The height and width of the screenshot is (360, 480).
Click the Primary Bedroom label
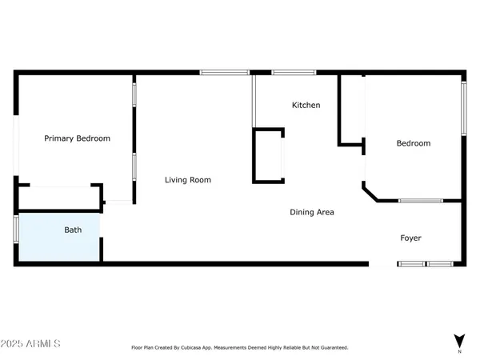click(77, 138)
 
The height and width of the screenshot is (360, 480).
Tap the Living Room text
click(188, 180)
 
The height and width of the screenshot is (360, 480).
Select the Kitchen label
click(306, 105)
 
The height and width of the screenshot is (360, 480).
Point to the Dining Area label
click(311, 212)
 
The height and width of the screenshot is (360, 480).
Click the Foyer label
click(410, 238)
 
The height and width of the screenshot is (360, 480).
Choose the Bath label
click(73, 230)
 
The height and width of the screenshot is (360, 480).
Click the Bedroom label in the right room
click(414, 143)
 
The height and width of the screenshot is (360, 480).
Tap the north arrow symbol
click(458, 339)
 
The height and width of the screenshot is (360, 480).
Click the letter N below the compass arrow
click(458, 351)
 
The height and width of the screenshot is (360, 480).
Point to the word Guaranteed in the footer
click(333, 348)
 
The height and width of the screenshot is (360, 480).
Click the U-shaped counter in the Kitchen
click(269, 155)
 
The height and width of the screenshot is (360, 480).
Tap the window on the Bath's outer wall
click(15, 228)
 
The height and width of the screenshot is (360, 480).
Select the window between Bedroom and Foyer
click(422, 200)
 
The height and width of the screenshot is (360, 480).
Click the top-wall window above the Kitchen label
click(294, 73)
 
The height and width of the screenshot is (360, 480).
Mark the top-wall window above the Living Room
click(225, 73)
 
